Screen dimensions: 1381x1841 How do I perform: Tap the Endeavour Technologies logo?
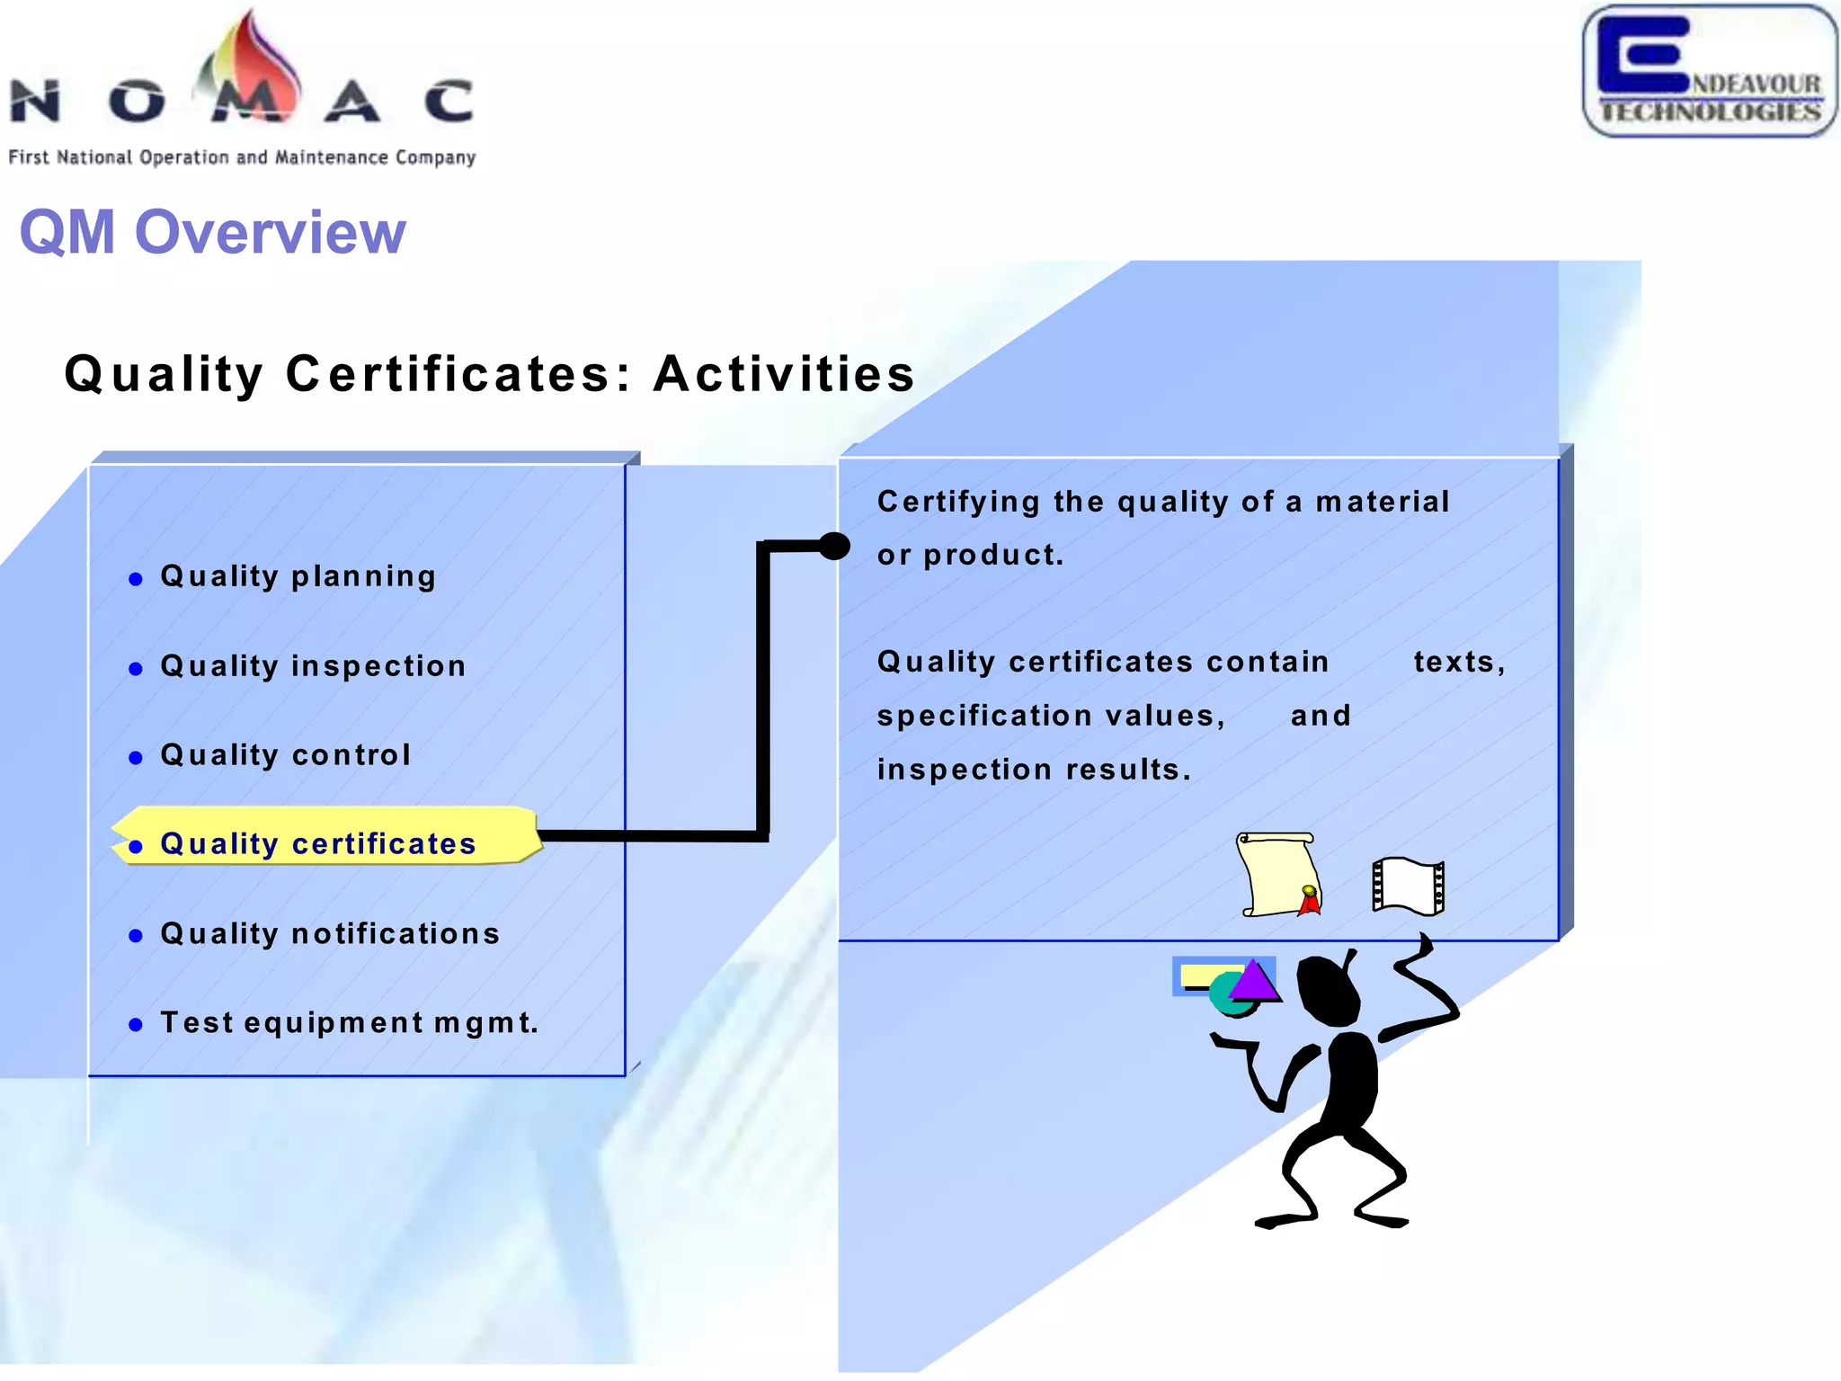point(1710,72)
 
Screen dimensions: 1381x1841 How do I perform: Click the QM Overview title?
point(212,232)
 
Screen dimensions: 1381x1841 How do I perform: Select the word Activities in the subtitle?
point(784,374)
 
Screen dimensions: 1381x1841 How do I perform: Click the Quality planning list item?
point(298,576)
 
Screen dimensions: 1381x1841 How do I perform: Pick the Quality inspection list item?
point(313,666)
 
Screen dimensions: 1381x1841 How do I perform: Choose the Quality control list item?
point(286,755)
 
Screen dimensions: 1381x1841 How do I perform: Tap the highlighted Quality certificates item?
point(318,844)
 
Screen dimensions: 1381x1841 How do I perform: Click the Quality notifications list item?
point(330,934)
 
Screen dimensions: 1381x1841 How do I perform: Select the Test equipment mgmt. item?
point(349,1023)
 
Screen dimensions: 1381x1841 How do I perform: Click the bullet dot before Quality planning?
point(136,579)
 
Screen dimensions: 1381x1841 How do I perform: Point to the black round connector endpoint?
point(834,546)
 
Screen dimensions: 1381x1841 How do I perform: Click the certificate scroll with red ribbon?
point(1278,875)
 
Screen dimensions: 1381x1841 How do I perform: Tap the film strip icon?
point(1409,886)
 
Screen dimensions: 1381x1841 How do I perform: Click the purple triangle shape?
point(1255,981)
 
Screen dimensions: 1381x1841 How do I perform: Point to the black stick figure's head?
point(1328,989)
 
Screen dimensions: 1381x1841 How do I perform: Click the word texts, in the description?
point(1459,662)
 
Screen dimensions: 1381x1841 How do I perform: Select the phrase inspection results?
point(1034,770)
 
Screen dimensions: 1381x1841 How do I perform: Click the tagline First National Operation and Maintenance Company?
point(242,157)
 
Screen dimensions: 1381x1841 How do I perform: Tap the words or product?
point(971,555)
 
